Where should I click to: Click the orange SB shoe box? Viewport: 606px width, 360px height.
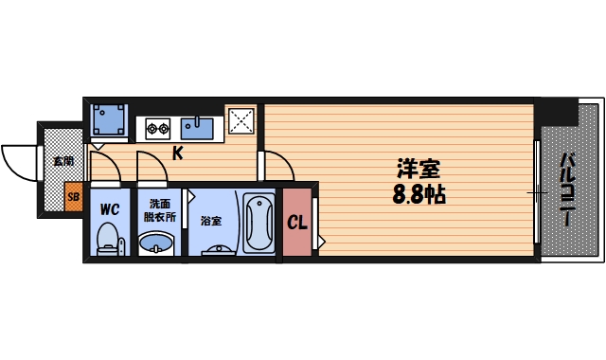(73, 198)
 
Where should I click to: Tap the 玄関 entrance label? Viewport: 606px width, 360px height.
(63, 161)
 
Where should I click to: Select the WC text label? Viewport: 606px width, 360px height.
(108, 207)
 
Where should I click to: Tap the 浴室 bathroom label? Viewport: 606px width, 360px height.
(210, 222)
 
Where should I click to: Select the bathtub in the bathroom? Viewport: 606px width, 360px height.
(258, 224)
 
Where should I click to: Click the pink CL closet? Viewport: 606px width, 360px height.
(297, 224)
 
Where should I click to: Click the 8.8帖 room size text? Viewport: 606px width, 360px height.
(418, 196)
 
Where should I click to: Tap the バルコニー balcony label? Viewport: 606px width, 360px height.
(566, 189)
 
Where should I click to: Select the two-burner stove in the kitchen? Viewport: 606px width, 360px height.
(157, 126)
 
